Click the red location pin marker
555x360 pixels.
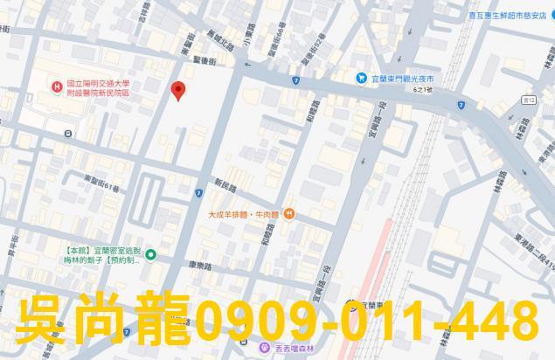coord(178,90)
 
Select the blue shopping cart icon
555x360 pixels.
coord(361,79)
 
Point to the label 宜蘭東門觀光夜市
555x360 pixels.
coord(403,79)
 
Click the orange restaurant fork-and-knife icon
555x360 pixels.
coord(289,213)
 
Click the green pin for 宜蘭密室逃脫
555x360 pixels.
coord(150,254)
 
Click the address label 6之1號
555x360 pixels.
coord(430,92)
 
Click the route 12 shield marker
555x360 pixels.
coord(528,101)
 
